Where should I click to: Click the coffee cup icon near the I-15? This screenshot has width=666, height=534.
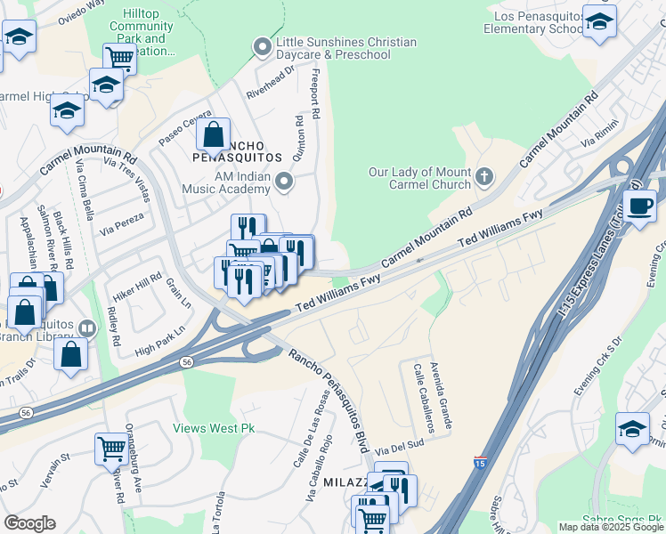point(638,206)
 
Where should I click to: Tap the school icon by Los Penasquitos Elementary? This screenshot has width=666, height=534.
point(599,21)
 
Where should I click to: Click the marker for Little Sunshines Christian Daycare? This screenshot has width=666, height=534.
point(262,45)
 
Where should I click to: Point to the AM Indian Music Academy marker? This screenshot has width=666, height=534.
point(284,182)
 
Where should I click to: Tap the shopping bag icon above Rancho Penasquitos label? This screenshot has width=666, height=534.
point(213,135)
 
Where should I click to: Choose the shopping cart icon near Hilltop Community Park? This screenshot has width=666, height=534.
point(119,59)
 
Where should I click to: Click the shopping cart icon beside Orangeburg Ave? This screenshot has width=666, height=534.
point(111,448)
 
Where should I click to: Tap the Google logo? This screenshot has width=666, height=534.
point(29,523)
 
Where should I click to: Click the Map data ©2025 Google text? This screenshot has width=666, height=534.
point(611,527)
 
